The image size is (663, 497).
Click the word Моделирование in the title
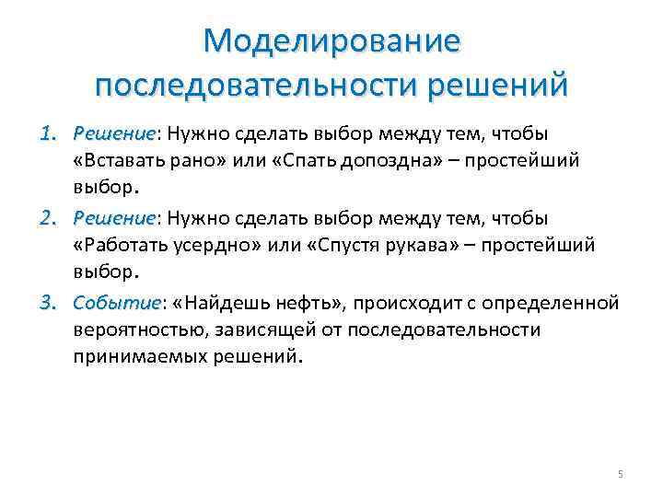pyautogui.click(x=331, y=42)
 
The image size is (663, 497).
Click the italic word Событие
pyautogui.click(x=117, y=303)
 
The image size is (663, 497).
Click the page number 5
pyautogui.click(x=620, y=473)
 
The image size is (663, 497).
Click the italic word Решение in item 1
pyautogui.click(x=115, y=136)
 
